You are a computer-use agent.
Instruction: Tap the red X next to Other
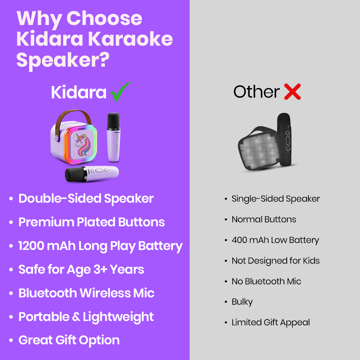click(x=292, y=92)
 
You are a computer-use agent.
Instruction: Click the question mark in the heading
click(x=105, y=60)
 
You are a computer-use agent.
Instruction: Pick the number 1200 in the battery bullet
click(x=31, y=246)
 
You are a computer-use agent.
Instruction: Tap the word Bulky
click(x=242, y=302)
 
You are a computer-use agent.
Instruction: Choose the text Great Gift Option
click(x=69, y=340)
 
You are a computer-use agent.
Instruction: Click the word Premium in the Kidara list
click(x=46, y=222)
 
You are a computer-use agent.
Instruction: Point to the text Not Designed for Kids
click(x=276, y=261)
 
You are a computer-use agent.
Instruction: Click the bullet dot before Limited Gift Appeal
click(x=226, y=323)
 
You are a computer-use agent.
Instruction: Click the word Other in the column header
click(x=256, y=92)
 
